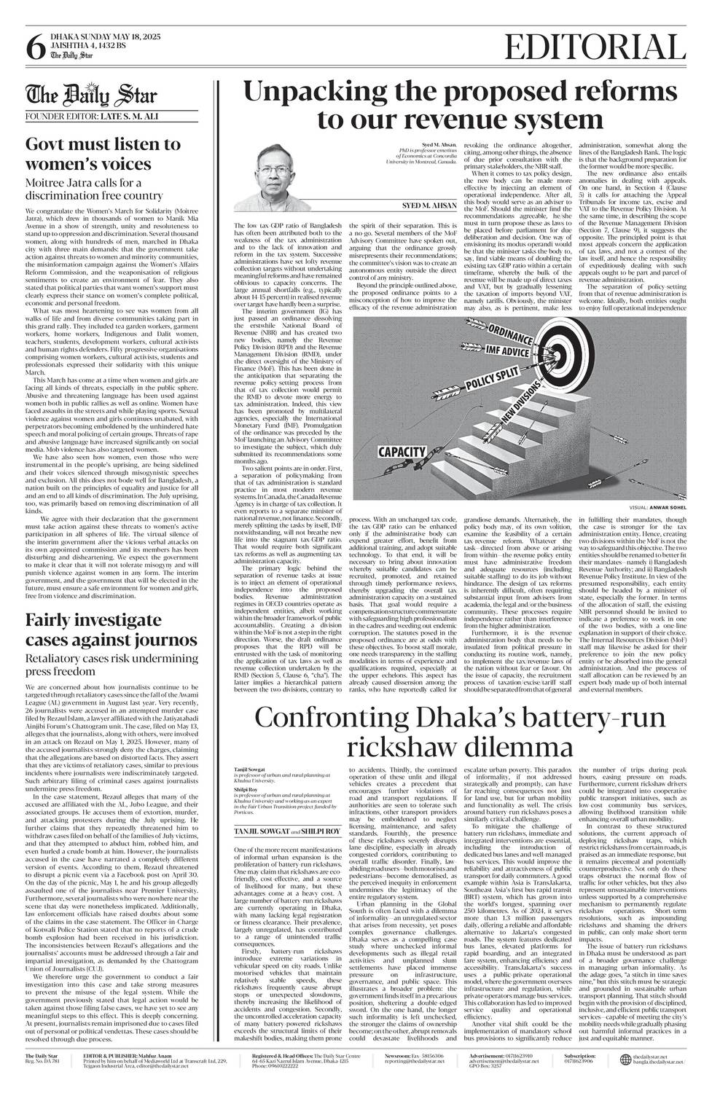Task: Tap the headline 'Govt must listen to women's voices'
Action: [103, 153]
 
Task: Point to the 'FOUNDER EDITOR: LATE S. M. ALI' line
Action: [92, 117]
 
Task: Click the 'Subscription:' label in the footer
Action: [580, 1056]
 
